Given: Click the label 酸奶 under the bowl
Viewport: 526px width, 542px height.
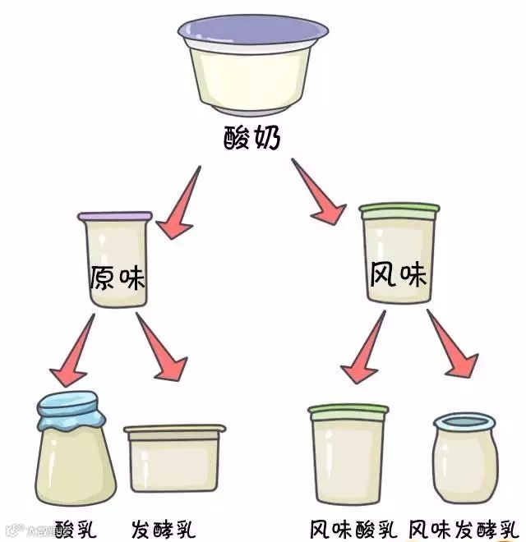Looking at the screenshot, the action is pyautogui.click(x=252, y=138).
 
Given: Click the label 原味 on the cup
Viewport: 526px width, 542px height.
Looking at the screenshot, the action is pyautogui.click(x=117, y=278).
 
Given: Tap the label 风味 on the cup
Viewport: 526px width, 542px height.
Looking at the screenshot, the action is pyautogui.click(x=399, y=274).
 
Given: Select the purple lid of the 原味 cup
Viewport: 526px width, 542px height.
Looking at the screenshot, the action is pyautogui.click(x=115, y=216).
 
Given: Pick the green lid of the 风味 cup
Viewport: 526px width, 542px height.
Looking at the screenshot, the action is pyautogui.click(x=399, y=209).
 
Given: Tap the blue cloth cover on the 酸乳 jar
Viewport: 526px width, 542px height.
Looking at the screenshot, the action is pyautogui.click(x=71, y=408).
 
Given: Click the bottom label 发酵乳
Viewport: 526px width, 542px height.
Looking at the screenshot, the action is pyautogui.click(x=164, y=526).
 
